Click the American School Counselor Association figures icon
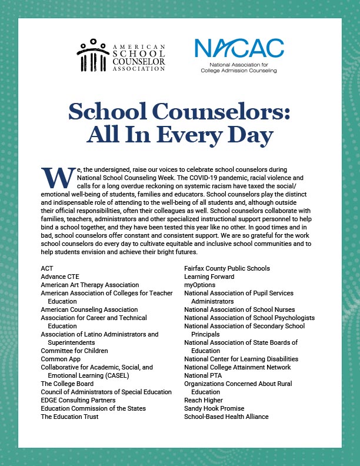click(91, 55)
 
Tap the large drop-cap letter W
click(56, 177)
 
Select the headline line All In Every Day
click(179, 135)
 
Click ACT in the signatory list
click(47, 268)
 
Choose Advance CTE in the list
click(60, 277)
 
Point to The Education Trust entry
click(69, 417)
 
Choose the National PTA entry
click(204, 375)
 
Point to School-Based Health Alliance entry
click(226, 417)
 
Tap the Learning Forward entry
click(209, 277)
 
